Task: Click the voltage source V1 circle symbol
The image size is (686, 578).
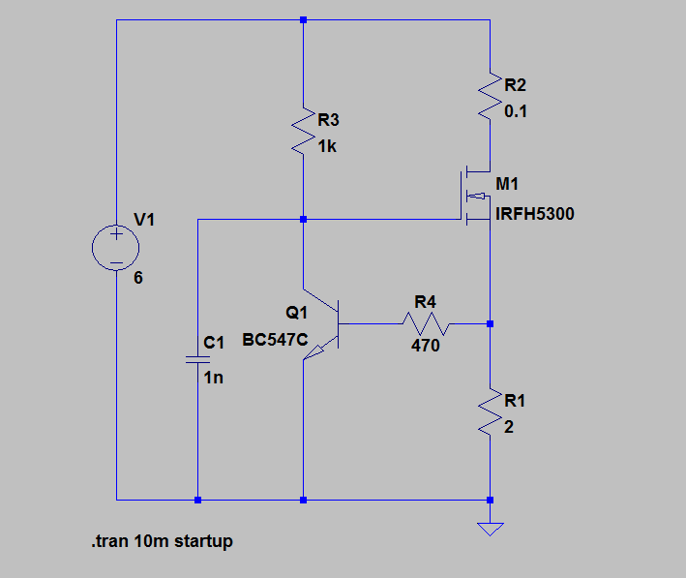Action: click(x=116, y=249)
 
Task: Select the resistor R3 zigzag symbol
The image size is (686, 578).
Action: click(x=304, y=134)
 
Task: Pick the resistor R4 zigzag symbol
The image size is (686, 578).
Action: click(x=427, y=322)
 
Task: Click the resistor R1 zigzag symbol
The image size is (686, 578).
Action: click(x=490, y=413)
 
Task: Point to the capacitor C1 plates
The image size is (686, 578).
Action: click(x=197, y=359)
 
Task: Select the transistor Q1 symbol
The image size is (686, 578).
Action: click(x=323, y=323)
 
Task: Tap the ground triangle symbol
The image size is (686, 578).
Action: click(x=491, y=528)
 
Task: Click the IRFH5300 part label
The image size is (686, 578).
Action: click(x=534, y=214)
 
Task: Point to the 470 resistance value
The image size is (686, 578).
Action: click(x=426, y=345)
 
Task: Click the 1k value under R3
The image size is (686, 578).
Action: click(x=329, y=147)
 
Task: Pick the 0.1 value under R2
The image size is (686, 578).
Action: click(x=517, y=111)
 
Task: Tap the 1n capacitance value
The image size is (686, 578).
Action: click(x=214, y=378)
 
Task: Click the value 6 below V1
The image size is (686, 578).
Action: click(x=138, y=278)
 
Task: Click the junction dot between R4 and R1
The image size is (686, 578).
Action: click(x=491, y=323)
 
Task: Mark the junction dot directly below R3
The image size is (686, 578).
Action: click(x=304, y=220)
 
